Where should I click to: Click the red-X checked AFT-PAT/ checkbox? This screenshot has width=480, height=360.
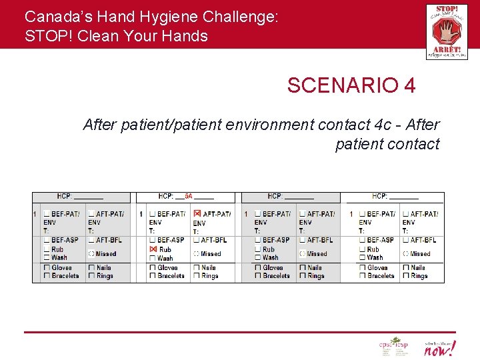[x=197, y=214]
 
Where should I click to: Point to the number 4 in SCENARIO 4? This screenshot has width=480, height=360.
[x=409, y=85]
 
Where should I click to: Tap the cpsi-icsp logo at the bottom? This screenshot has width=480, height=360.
[x=393, y=347]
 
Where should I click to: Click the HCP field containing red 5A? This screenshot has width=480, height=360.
[x=187, y=197]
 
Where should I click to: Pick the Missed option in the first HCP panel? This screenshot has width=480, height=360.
[x=91, y=254]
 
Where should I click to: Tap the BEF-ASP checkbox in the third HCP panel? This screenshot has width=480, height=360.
[x=257, y=240]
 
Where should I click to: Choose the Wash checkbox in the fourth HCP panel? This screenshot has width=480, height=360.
[x=362, y=257]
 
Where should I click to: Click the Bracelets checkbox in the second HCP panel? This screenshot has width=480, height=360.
[x=153, y=276]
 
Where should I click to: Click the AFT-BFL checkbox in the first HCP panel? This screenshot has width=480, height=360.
[x=91, y=240]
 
